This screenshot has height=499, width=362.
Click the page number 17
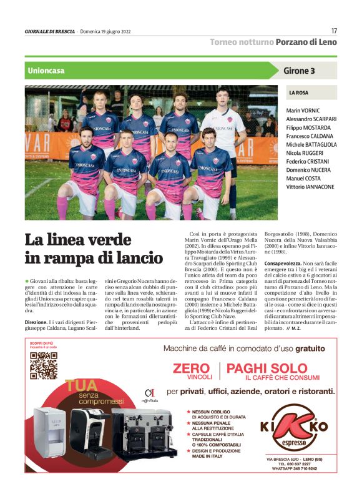coord(334,31)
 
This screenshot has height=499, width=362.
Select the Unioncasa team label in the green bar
coord(46,71)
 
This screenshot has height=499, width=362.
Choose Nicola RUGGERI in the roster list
coord(305,152)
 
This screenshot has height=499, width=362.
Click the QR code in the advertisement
coord(43,366)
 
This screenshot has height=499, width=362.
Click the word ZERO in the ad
coord(191,368)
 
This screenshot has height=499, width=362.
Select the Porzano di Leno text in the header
coord(306,42)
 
